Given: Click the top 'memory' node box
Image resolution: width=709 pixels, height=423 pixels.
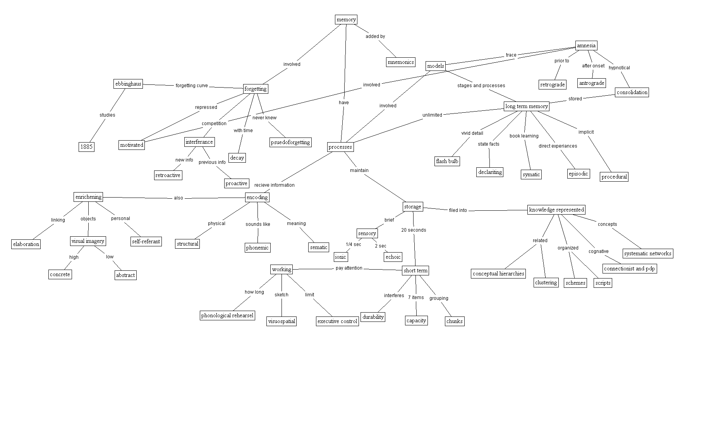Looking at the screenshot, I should point(346,20).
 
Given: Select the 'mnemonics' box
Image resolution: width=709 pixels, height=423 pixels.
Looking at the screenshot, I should point(401,62).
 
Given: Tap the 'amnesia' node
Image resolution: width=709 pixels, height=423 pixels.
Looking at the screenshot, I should point(586,46).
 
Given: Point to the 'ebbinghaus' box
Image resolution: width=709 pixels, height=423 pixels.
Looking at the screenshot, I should point(128,84).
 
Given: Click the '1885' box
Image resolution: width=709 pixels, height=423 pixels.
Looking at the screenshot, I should point(86,147).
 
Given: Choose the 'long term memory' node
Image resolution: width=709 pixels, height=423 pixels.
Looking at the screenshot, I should point(527,106).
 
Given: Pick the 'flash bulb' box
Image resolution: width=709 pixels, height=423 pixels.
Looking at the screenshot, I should point(447,161).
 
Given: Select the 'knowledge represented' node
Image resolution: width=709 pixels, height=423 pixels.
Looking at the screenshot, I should point(556,210).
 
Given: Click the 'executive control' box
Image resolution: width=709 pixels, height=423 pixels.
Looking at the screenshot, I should point(337,321).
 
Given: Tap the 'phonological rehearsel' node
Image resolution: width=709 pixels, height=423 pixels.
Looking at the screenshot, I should point(227,315).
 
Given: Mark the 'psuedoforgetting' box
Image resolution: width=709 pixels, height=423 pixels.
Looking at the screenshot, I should point(290,142).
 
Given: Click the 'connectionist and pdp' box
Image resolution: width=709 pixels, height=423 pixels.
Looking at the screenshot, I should point(630,268).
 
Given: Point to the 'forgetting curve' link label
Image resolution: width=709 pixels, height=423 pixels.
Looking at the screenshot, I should point(192,86).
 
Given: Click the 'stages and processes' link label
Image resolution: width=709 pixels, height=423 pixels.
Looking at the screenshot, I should point(481,86).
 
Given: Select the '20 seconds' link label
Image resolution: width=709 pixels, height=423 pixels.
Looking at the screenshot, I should point(414,230).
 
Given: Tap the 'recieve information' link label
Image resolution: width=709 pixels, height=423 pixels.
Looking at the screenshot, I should point(274,185).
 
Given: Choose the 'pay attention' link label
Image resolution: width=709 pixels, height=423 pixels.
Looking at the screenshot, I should point(349,268).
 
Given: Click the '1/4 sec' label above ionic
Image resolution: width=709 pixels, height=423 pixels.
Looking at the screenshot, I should point(353,244).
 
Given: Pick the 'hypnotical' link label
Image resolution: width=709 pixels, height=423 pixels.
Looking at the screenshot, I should point(619,68).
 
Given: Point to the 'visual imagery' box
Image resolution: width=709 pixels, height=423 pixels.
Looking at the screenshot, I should point(88,241).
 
